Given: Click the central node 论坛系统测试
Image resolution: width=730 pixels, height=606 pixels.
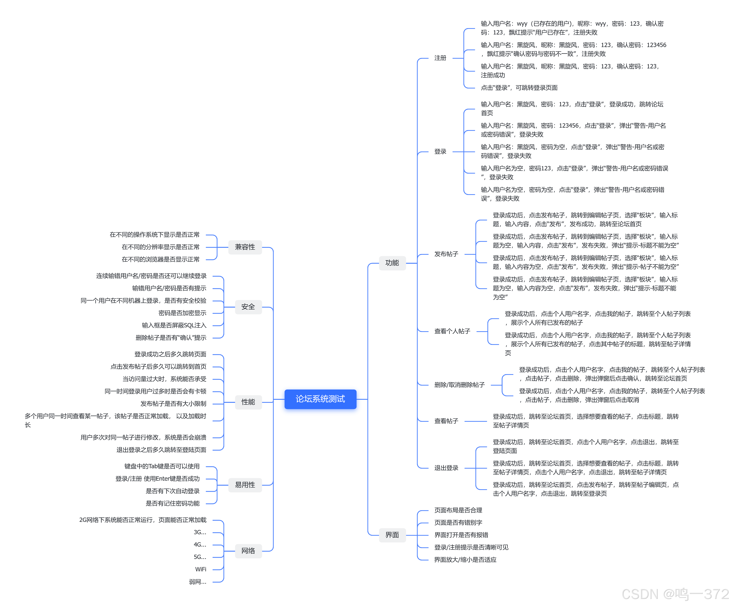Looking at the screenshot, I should (x=320, y=399).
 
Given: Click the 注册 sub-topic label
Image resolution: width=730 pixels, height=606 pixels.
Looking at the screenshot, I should (x=440, y=58).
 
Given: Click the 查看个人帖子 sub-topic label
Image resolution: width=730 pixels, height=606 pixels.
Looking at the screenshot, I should (x=452, y=331).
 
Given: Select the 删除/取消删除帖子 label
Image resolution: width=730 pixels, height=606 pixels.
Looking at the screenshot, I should (x=459, y=385).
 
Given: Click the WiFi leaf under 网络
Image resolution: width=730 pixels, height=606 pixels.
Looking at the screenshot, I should (x=201, y=569).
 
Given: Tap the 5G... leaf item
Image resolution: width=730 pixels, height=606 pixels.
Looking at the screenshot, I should (x=200, y=557).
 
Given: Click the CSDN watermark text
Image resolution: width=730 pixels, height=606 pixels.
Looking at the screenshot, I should (x=674, y=594).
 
